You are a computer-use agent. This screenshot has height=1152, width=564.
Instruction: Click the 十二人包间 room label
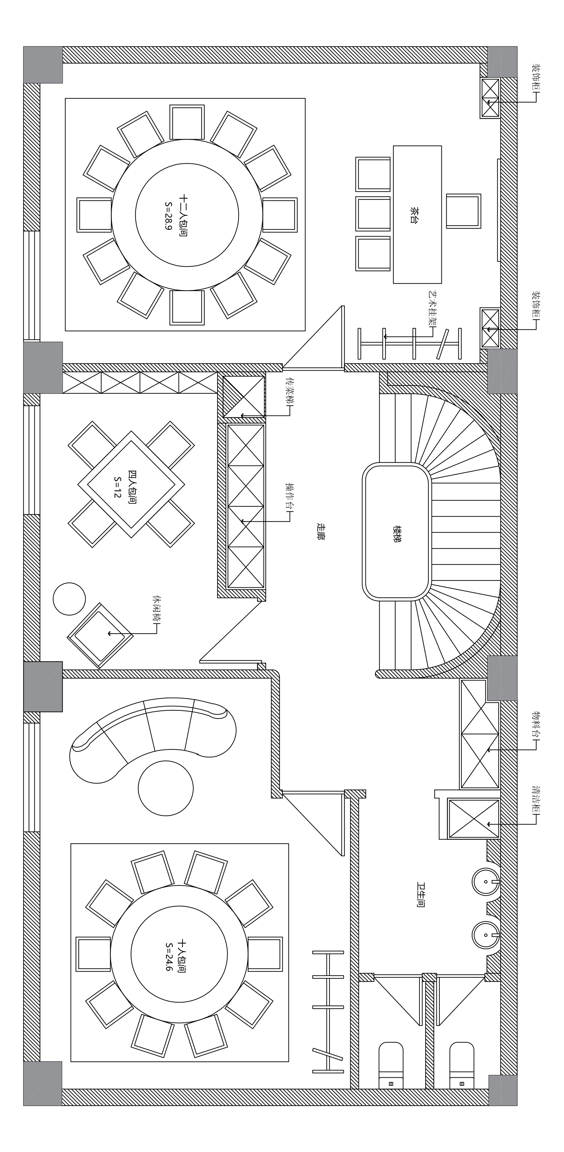pyautogui.click(x=183, y=215)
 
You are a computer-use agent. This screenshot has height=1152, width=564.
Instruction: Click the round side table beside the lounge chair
pyautogui.click(x=69, y=599)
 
